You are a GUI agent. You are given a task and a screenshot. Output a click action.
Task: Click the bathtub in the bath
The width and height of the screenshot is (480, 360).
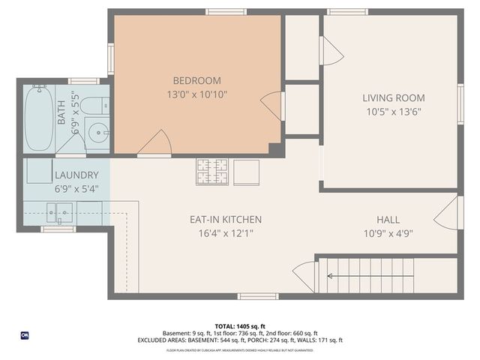click(39, 118)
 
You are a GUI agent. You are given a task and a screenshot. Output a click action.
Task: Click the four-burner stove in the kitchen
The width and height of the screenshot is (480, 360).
click(212, 172)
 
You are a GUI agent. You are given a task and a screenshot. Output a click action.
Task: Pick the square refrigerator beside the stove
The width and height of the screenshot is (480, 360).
click(247, 172)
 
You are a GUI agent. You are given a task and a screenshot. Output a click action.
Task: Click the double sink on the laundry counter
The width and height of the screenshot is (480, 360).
click(61, 212)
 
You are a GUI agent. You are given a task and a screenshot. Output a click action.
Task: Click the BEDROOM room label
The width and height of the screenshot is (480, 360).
click(196, 81)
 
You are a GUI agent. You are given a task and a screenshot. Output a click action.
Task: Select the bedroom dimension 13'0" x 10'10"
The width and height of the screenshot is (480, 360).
click(196, 94)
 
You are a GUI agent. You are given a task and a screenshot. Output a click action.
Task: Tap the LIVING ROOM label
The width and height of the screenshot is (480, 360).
click(393, 97)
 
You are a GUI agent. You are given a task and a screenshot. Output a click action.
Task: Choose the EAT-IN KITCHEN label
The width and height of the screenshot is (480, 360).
click(225, 220)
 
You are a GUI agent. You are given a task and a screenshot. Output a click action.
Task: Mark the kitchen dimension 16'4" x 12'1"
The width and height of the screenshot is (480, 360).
click(225, 233)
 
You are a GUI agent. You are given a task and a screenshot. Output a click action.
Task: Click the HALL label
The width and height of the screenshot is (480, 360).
click(388, 220)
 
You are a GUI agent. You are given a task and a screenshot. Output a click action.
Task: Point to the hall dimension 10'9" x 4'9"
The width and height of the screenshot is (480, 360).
click(388, 233)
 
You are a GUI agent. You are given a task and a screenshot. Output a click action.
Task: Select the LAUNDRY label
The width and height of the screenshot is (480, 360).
click(76, 176)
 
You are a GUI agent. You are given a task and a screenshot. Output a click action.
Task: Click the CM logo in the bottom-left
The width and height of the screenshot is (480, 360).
click(25, 334)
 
